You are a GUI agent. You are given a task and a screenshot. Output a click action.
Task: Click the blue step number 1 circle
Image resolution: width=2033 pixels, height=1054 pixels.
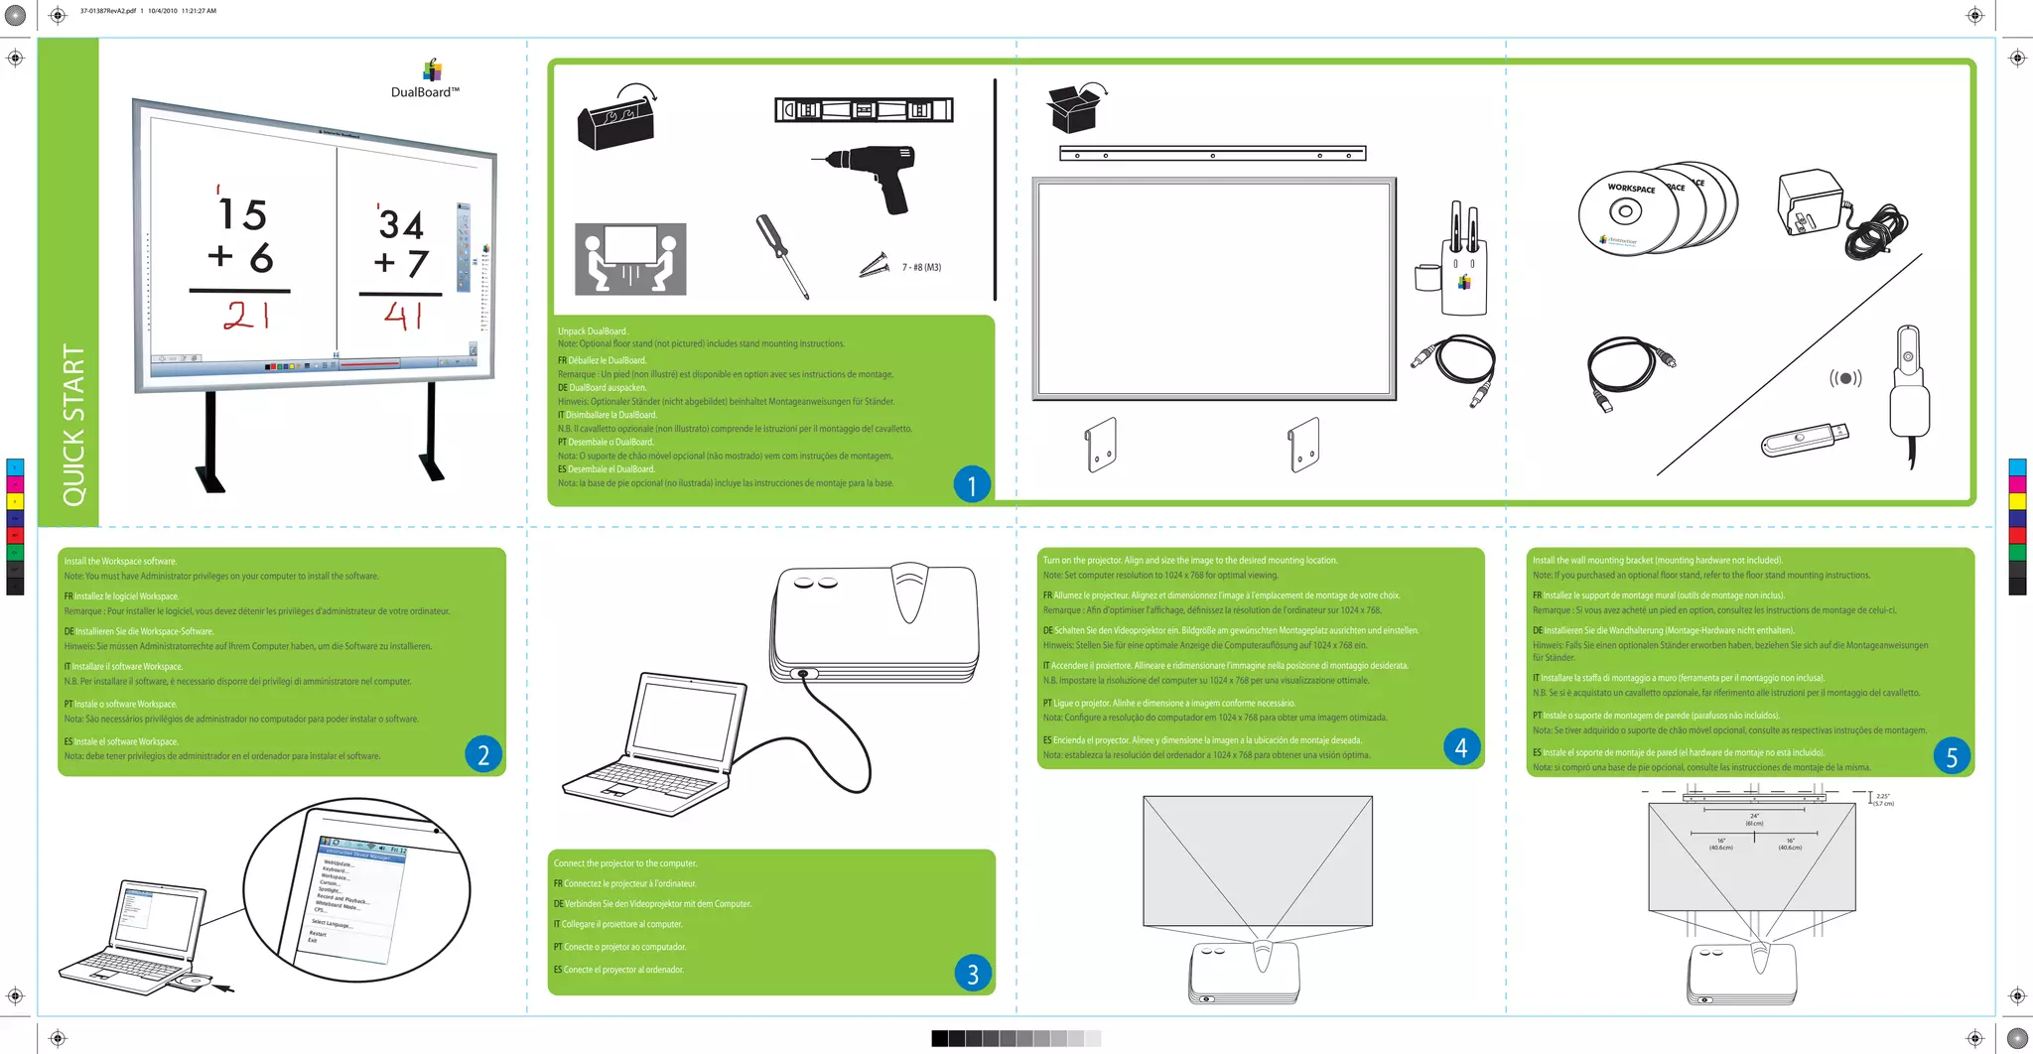pos(972,484)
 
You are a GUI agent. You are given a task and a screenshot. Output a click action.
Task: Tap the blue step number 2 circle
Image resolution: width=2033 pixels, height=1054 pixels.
pos(482,754)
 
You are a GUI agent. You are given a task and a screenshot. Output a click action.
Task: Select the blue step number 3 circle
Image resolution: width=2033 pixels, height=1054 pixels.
pos(972,974)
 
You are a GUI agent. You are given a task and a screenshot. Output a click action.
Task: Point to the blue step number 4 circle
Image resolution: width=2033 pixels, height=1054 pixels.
pos(1460,747)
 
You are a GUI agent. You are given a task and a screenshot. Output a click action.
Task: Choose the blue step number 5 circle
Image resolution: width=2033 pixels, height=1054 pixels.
pos(1951,757)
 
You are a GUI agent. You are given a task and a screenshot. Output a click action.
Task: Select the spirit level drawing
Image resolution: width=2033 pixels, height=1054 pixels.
pos(864,110)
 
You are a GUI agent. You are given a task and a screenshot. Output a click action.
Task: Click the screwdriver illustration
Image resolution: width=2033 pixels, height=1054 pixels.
pos(782,256)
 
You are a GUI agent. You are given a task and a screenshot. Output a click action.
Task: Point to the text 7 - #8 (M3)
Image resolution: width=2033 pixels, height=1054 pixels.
pos(921,267)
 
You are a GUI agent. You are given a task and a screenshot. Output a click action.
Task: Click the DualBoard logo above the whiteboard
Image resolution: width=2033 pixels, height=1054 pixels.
pos(426,80)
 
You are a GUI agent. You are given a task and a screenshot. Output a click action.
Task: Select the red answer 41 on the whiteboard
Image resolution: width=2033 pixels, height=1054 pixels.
pos(404,316)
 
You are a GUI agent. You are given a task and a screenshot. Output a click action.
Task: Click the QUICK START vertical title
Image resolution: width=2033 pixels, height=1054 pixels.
pos(73,425)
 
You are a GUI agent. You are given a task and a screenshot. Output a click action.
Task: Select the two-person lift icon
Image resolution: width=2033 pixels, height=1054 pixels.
pos(630,259)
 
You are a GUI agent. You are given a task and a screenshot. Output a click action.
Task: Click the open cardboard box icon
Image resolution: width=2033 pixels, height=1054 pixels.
pos(1075,108)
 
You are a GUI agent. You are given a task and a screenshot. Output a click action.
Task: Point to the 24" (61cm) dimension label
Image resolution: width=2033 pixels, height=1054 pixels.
pos(1754,820)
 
